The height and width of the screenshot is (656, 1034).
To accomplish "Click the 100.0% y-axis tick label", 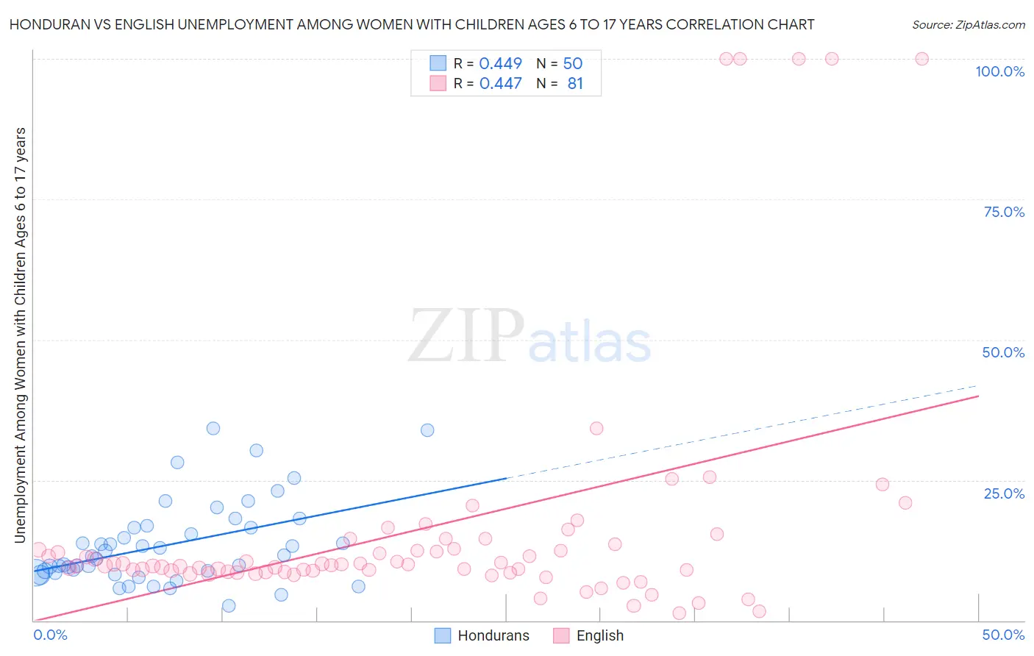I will coord(999,71).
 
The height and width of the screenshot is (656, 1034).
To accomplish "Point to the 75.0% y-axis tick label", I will coord(1004,212).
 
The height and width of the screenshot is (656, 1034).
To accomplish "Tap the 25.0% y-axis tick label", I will coord(1004,493).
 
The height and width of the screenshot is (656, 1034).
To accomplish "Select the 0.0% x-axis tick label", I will coord(51,635).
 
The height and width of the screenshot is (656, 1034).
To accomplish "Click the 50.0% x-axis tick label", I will coord(1003,635).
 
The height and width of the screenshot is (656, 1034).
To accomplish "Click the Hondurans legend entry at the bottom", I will coord(482,635).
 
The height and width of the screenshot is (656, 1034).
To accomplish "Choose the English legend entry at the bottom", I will coord(588,635).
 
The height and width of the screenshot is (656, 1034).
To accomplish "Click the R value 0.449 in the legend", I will coord(500,64).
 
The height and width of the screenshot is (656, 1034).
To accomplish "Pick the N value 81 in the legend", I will coord(575,84).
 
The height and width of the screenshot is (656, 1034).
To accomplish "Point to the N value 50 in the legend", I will coord(572,64).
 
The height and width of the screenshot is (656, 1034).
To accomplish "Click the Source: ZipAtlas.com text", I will coord(968,25).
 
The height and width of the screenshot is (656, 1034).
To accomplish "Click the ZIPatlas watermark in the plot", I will coord(530,336).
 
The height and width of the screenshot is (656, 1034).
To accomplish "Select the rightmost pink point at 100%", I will coord(921,59).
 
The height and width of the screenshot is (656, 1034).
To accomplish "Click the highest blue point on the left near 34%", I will coord(213,428).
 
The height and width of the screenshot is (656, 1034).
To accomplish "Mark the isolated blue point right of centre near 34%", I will coord(427,430).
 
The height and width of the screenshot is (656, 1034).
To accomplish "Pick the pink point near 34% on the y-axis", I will coord(596,428).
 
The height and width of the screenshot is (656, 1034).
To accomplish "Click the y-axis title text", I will coord(21,335).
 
